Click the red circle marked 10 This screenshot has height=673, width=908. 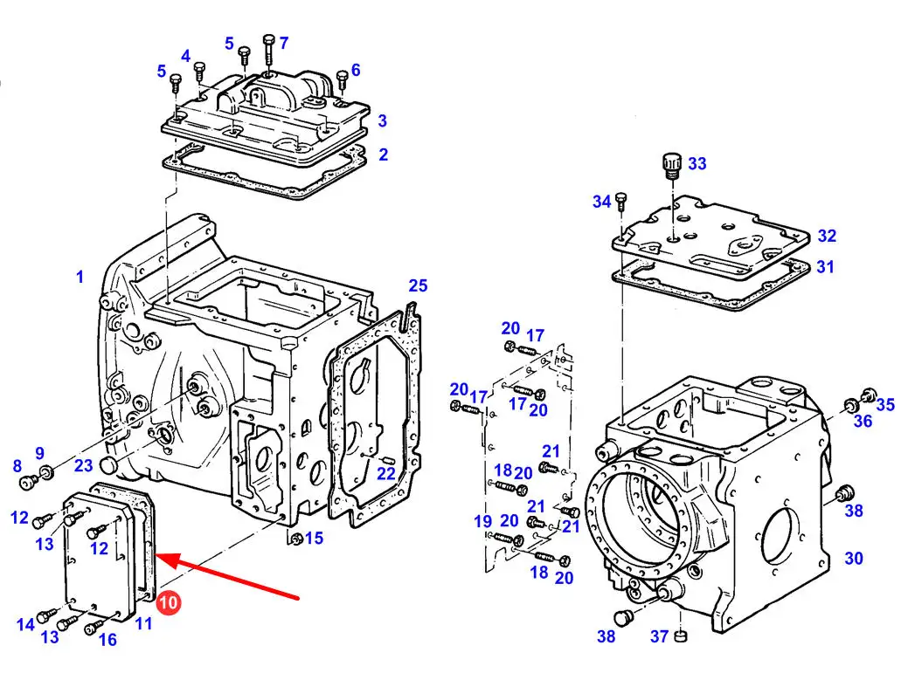tap(168, 603)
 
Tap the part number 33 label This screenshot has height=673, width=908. tap(697, 163)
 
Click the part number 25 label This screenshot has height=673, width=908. tap(418, 285)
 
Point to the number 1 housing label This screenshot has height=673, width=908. tap(80, 277)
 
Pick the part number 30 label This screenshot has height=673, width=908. tap(854, 558)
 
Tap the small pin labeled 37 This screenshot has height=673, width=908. tap(681, 636)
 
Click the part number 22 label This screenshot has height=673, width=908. tap(385, 473)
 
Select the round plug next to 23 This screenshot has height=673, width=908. tap(109, 464)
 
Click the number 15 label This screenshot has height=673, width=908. tap(314, 539)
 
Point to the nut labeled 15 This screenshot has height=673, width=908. tap(295, 539)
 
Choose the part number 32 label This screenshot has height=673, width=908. tap(827, 236)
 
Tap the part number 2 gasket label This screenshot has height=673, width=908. tap(384, 155)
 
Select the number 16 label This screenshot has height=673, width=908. tap(107, 640)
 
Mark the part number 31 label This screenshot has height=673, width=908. tap(825, 267)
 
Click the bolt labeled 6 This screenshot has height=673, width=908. tap(343, 80)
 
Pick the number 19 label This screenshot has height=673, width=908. tap(483, 521)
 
